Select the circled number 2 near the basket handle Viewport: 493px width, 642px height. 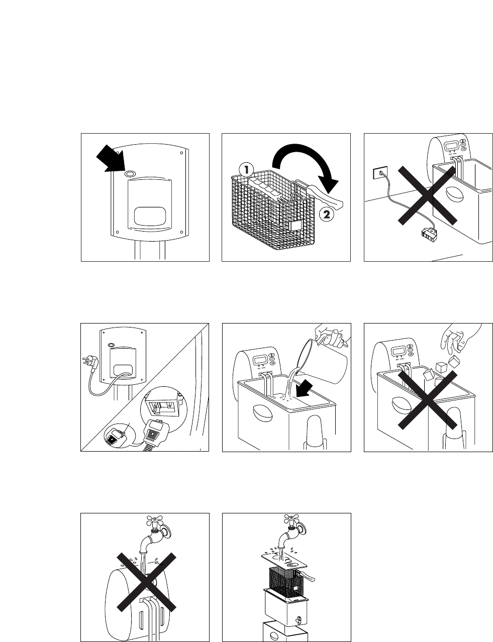click(325, 215)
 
